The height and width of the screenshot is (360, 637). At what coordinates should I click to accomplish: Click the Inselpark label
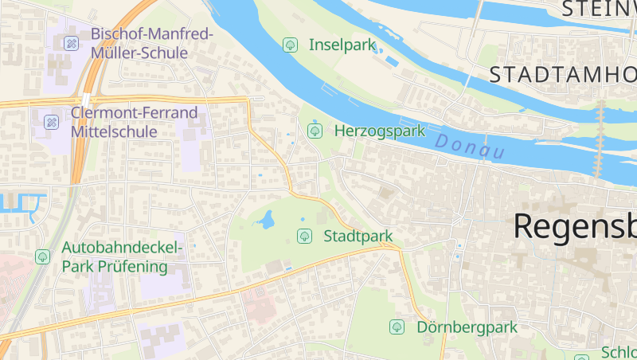[342, 45]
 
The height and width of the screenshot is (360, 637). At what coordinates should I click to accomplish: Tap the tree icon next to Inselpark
[291, 45]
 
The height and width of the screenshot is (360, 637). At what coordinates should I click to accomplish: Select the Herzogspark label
[380, 131]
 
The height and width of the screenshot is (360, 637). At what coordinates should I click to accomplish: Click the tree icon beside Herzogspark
[315, 130]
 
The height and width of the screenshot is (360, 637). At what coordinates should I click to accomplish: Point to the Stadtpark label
[358, 236]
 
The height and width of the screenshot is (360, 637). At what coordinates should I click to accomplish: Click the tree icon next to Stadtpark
[303, 236]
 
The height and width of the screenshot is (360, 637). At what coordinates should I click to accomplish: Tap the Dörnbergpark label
[467, 327]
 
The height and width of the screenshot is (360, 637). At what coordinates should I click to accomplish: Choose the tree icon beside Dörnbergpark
[397, 327]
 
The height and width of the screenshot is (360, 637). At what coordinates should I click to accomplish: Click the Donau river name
[471, 146]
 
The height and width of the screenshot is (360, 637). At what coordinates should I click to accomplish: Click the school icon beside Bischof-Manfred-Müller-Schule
[71, 42]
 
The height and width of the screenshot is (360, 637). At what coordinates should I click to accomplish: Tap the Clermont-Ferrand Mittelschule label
[134, 122]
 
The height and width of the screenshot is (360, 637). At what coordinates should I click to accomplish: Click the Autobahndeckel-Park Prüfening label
[122, 256]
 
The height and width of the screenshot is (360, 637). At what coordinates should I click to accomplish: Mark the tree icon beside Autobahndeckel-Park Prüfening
[42, 256]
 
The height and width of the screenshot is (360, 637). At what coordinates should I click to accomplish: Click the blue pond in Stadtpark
[266, 218]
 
